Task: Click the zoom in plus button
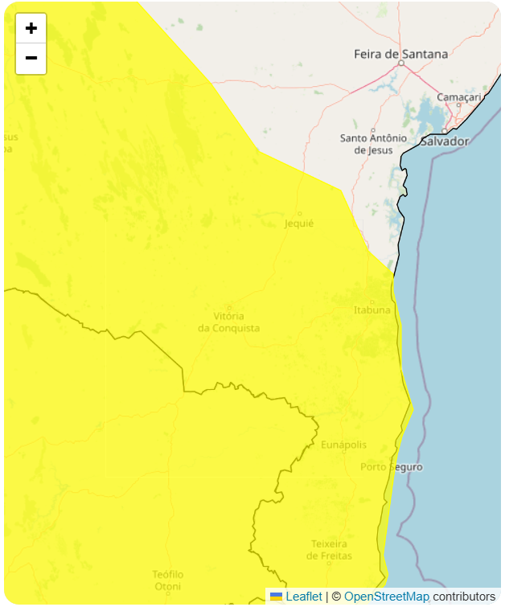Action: point(31,29)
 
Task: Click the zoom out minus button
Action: point(31,58)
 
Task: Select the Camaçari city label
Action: point(458,96)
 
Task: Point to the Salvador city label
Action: point(444,141)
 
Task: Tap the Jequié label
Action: point(299,224)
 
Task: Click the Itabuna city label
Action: point(372,310)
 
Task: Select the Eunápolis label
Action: point(343,445)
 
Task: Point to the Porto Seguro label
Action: point(391,466)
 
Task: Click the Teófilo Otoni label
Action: point(168,580)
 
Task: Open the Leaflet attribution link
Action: point(303,597)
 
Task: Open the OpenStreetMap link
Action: point(387,597)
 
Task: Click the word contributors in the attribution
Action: point(464,597)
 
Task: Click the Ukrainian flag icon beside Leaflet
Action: point(276,597)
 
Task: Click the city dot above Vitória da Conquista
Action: point(229,306)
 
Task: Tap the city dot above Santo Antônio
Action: point(373,129)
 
